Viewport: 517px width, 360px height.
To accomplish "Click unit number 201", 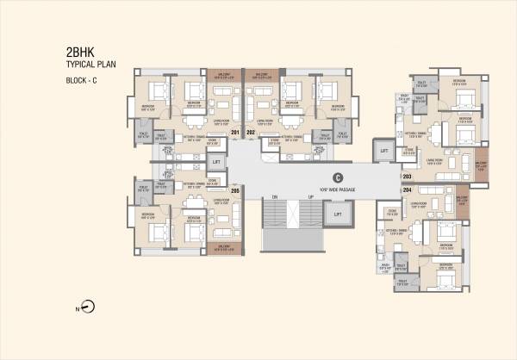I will pyautogui.click(x=235, y=132).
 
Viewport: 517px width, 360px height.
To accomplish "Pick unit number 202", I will pyautogui.click(x=251, y=132).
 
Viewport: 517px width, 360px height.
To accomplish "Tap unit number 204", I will pyautogui.click(x=407, y=189).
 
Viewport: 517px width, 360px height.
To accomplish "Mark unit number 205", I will pyautogui.click(x=234, y=190).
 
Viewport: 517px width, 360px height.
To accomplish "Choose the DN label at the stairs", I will pyautogui.click(x=275, y=197).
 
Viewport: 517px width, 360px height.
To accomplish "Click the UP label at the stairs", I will pyautogui.click(x=309, y=197).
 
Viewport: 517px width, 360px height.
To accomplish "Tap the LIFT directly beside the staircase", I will pyautogui.click(x=339, y=214).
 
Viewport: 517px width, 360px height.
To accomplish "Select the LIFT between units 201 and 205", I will pyautogui.click(x=216, y=161).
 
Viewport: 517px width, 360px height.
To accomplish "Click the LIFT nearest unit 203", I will pyautogui.click(x=384, y=151).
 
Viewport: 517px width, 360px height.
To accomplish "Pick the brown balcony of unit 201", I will pyautogui.click(x=223, y=73).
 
